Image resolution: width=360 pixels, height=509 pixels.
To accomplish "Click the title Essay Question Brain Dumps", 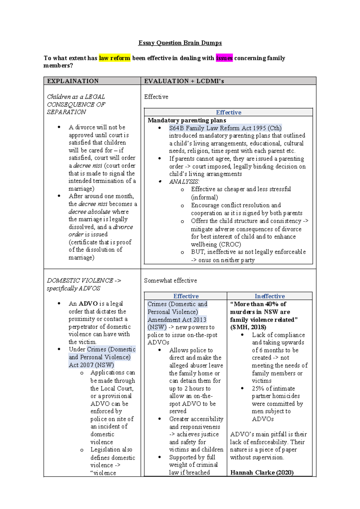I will click(x=180, y=43).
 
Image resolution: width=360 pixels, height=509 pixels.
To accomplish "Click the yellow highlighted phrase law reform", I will click(x=115, y=58).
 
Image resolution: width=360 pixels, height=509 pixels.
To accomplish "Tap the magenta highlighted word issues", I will click(x=224, y=58).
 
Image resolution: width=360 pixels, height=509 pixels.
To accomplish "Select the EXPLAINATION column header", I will click(x=73, y=81).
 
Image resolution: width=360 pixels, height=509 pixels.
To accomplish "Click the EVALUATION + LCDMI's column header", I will click(x=184, y=81).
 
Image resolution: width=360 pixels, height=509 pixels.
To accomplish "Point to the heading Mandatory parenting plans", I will click(x=187, y=120).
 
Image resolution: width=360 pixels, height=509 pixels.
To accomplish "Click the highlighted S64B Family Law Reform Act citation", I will click(x=225, y=128).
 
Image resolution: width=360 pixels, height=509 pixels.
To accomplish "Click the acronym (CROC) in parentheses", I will click(x=230, y=244).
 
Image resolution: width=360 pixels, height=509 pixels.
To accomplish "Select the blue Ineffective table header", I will click(x=270, y=296).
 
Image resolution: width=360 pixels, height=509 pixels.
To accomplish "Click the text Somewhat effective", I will click(x=170, y=281).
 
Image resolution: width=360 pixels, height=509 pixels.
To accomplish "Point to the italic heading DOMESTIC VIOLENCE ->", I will click(x=84, y=281).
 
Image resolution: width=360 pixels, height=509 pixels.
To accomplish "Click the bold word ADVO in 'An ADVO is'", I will click(x=88, y=304).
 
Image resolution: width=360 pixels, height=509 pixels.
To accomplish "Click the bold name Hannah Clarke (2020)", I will click(x=262, y=473).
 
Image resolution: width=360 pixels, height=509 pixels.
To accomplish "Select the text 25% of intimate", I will click(x=273, y=389).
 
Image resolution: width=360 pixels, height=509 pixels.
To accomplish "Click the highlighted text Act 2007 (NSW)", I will click(x=91, y=365).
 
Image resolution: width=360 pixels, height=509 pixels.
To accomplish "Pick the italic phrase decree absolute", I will click(x=89, y=212).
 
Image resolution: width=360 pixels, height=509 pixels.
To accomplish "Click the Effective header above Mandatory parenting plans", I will click(x=228, y=113).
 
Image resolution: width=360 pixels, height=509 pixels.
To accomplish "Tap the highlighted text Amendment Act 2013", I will click(x=177, y=320).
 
